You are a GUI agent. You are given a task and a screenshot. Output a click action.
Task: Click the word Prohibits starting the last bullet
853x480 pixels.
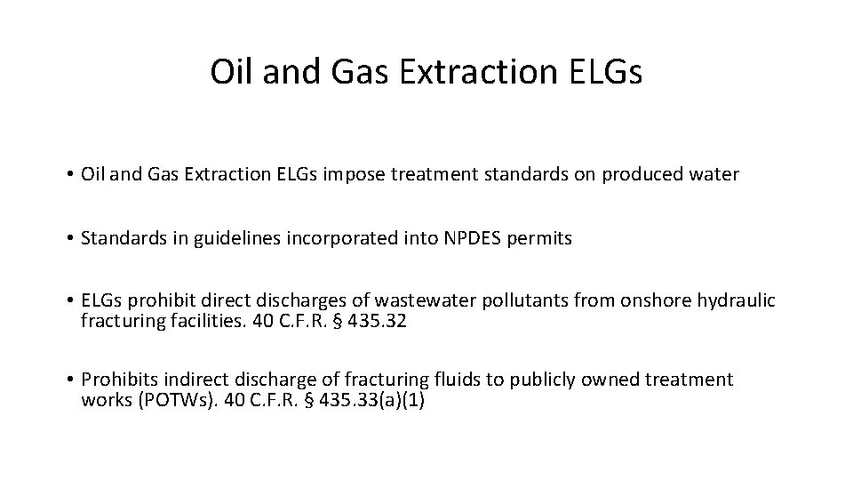coord(115,380)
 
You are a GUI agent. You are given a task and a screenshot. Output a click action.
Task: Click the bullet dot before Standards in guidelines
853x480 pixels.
coord(68,238)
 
